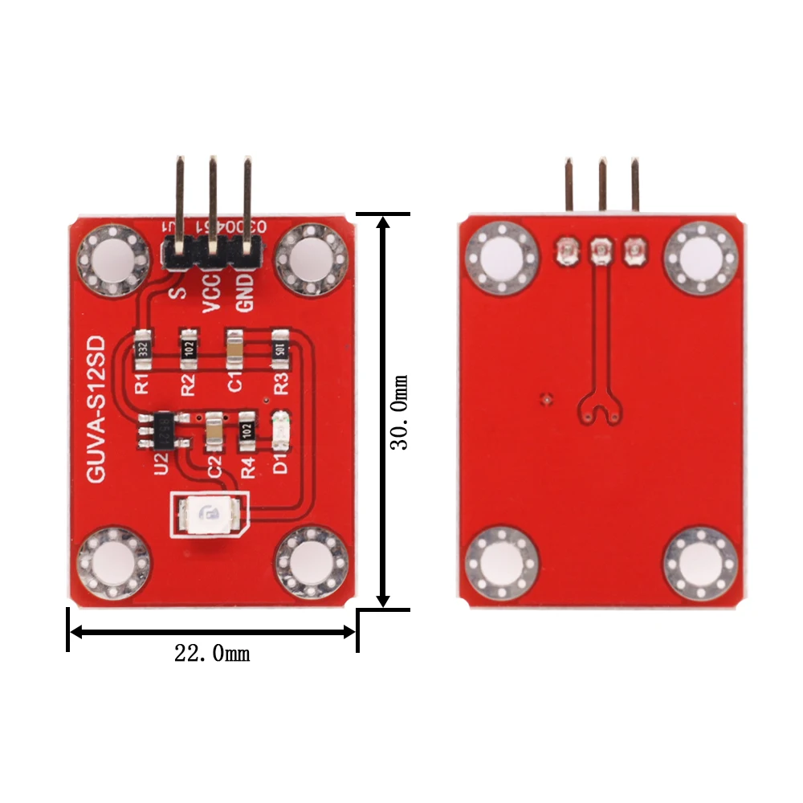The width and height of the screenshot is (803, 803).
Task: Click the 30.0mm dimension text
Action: pyautogui.click(x=399, y=411)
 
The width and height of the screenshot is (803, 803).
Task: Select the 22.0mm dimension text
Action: pyautogui.click(x=212, y=654)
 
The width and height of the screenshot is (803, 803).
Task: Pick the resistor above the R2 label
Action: pyautogui.click(x=190, y=346)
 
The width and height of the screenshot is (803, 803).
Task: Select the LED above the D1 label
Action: pyautogui.click(x=280, y=432)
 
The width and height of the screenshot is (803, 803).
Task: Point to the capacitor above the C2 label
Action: pyautogui.click(x=214, y=432)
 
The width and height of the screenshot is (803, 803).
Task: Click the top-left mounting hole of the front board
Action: pyautogui.click(x=113, y=260)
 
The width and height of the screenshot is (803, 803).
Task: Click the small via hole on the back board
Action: pyautogui.click(x=547, y=398)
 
